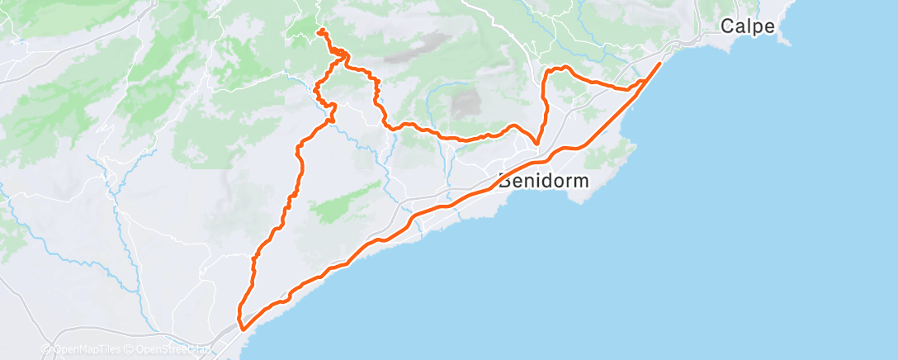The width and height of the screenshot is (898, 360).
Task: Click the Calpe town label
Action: (747, 26)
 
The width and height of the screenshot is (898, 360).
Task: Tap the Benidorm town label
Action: (543, 180)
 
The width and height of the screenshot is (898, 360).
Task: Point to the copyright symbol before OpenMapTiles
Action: (47, 350)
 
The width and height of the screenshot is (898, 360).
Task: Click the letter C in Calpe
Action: (726, 26)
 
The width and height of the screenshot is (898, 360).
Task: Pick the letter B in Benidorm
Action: (503, 180)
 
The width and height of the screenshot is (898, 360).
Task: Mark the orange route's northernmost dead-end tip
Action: (319, 31)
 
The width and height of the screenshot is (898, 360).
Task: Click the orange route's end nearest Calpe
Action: (660, 63)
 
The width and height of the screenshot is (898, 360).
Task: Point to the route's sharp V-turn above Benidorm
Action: (536, 144)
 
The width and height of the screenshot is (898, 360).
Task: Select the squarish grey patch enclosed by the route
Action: (466, 102)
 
